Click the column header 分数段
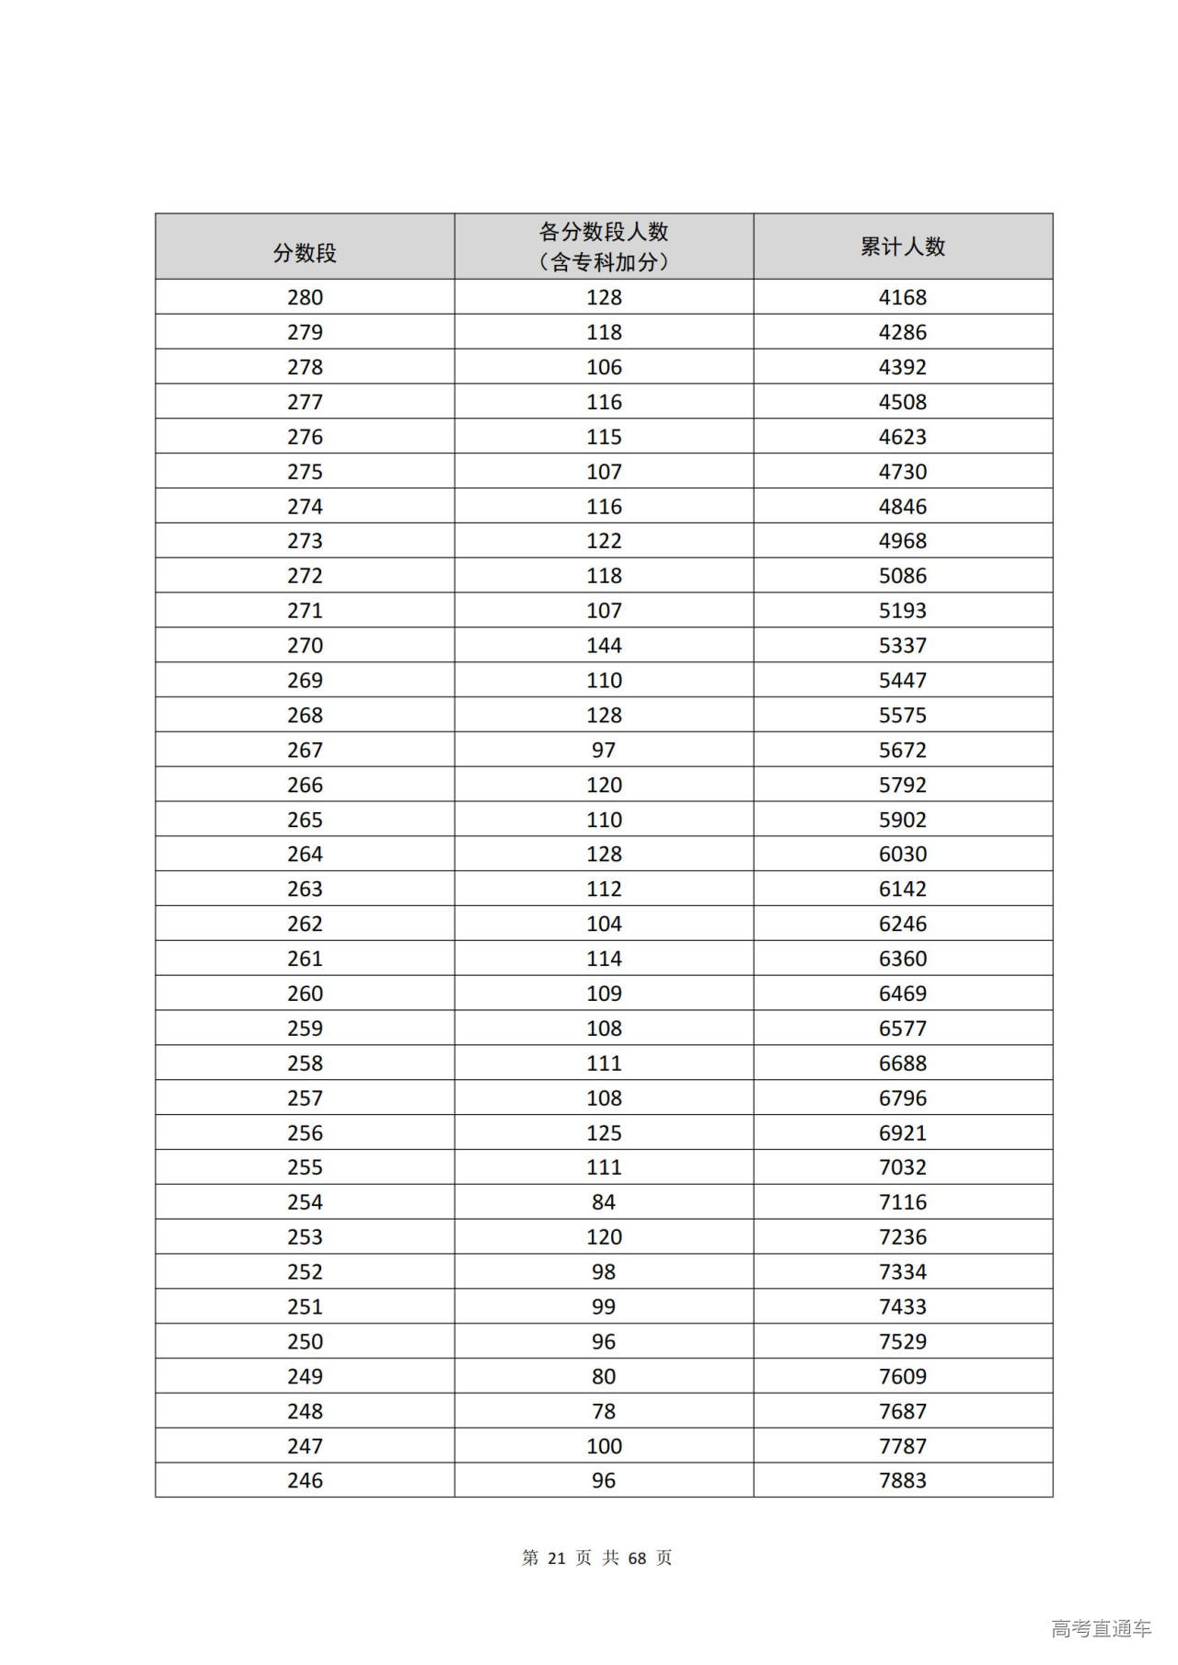[x=305, y=253]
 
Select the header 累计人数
[x=902, y=247]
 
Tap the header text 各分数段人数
[x=604, y=232]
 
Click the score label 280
[x=305, y=297]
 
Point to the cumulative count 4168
[x=902, y=297]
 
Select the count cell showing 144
[x=604, y=646]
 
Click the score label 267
[x=305, y=751]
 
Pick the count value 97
[x=604, y=751]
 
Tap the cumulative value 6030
[x=902, y=855]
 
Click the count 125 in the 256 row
[x=604, y=1133]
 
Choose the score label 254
[x=305, y=1202]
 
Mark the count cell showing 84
[x=604, y=1202]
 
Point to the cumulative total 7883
[x=902, y=1481]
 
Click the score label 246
[x=305, y=1481]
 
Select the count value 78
[x=604, y=1411]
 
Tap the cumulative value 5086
[x=902, y=576]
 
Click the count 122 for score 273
[x=604, y=541]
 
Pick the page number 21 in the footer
[x=556, y=1558]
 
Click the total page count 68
[x=637, y=1558]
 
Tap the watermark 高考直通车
[x=1101, y=1629]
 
